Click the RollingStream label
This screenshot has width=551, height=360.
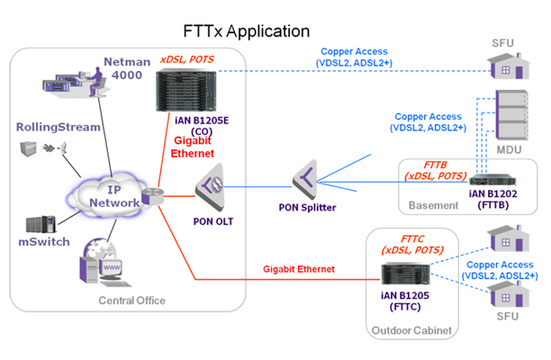(x=59, y=127)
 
